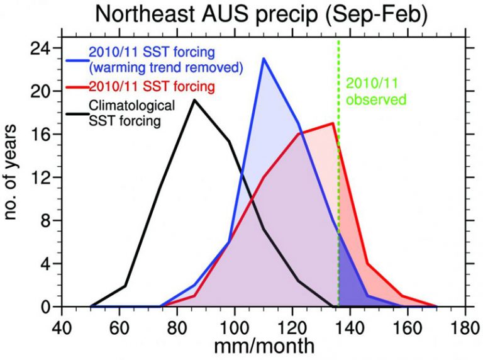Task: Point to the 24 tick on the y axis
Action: [x=43, y=48]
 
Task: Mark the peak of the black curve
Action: [x=194, y=100]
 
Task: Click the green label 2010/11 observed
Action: [x=377, y=91]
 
